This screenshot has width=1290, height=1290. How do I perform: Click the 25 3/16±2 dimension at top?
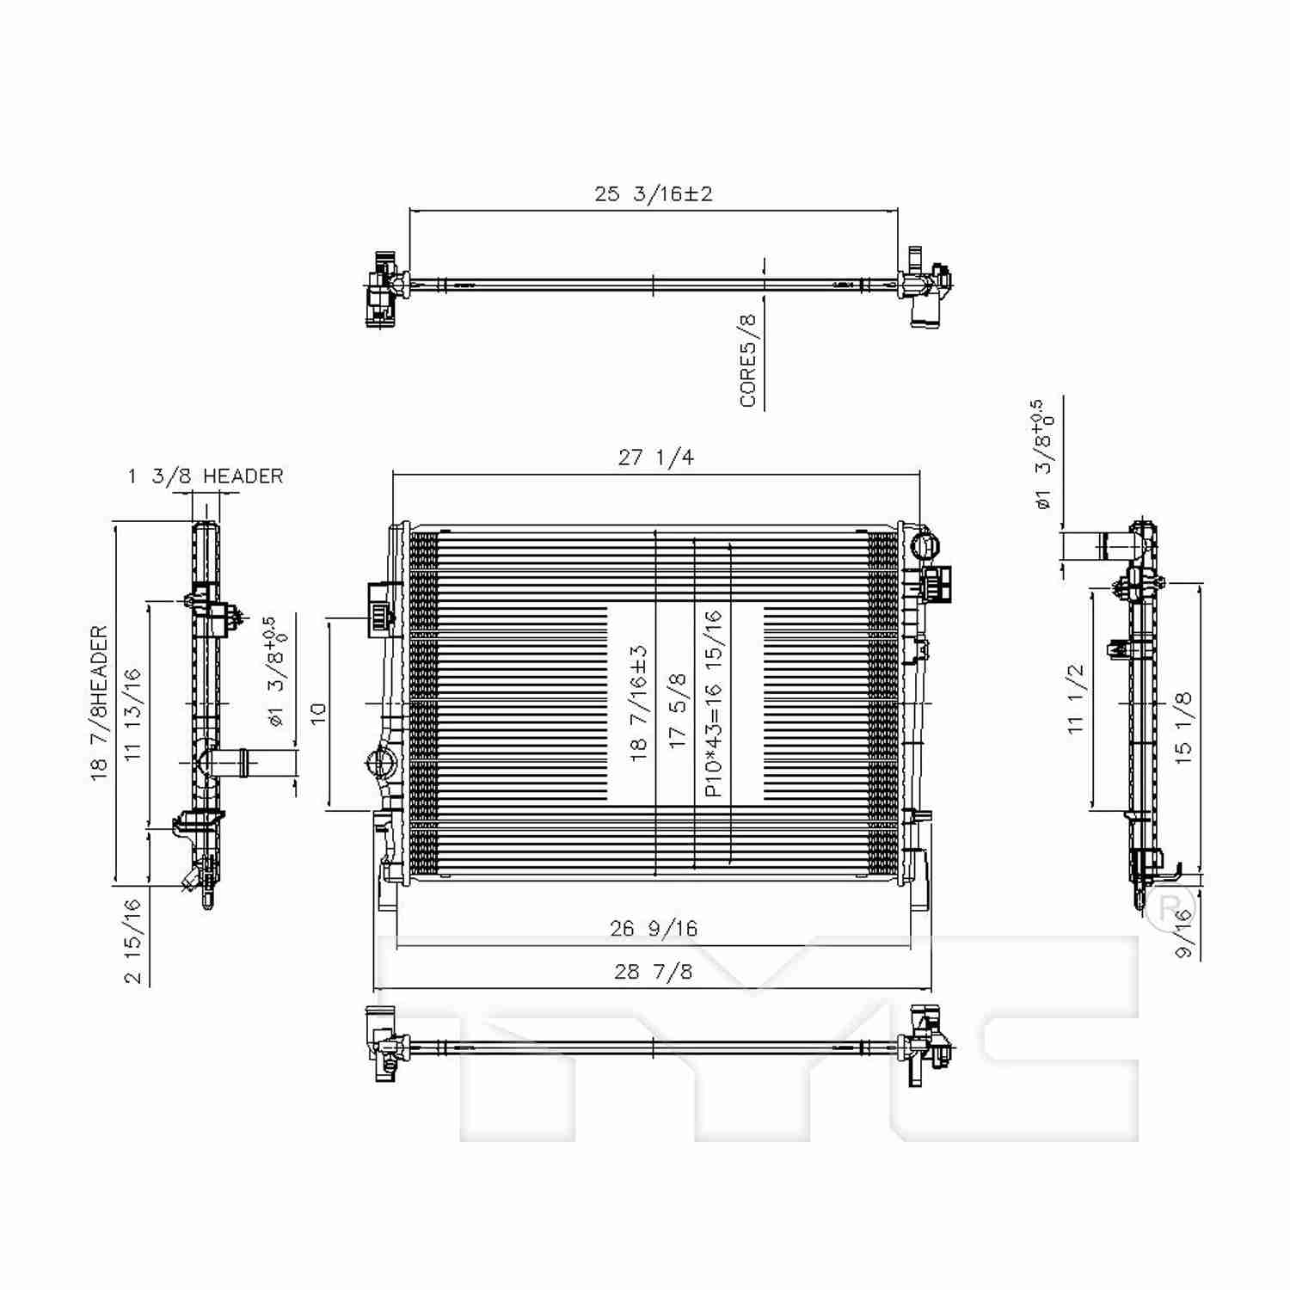654,193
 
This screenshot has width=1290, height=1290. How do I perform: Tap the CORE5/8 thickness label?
748,360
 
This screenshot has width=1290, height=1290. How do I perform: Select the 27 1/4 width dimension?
655,458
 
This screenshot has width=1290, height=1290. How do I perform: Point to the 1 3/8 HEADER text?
206,476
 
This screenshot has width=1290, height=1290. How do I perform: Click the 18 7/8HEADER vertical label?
100,703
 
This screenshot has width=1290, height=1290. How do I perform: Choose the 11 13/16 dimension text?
132,714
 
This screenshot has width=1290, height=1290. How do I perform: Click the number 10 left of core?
319,714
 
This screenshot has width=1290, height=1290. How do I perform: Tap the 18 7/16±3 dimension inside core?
638,703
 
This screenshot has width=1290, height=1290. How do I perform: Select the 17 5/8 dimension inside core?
679,709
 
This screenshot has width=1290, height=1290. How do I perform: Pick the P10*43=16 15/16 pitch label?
713,703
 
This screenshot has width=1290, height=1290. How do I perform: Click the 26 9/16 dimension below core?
654,929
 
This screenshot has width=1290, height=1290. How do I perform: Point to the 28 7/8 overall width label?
654,972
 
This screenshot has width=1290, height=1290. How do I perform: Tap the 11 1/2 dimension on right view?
1077,698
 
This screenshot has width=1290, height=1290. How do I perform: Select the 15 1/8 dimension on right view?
1184,724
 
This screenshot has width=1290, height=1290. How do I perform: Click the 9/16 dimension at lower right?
1185,934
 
